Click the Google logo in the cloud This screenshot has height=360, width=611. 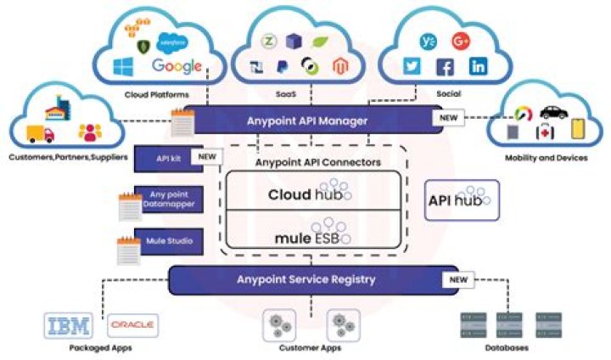[x=177, y=66]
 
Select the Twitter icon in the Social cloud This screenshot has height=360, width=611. [x=412, y=66]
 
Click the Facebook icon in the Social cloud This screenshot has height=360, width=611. [x=445, y=67]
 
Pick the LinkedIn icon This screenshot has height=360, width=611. [x=478, y=66]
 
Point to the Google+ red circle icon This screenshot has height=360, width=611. [x=461, y=41]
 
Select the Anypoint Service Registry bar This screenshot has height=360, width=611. [x=306, y=279]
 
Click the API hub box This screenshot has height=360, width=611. [x=461, y=200]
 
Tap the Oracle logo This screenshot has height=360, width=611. [x=132, y=326]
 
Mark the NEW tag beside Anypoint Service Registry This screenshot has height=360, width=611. [x=459, y=279]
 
